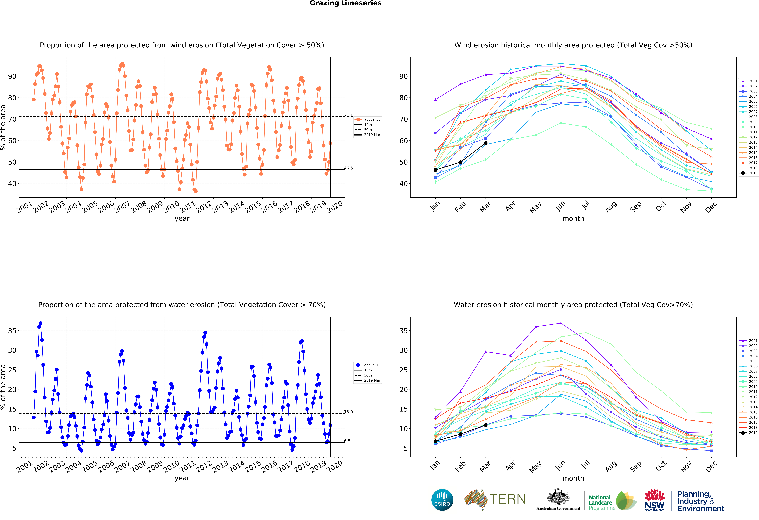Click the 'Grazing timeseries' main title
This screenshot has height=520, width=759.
point(346,3)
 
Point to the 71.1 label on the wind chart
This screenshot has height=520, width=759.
point(348,115)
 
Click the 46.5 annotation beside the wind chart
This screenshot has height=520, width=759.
point(348,168)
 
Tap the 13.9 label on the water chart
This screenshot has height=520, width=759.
point(348,412)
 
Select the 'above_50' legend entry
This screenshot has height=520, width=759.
point(368,119)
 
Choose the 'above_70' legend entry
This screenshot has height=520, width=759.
point(368,365)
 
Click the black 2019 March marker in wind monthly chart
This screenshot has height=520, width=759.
point(486,143)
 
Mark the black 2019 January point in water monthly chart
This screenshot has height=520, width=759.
point(435,441)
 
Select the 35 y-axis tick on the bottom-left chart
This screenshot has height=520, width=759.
point(12,331)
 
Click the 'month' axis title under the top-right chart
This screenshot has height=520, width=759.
point(573,219)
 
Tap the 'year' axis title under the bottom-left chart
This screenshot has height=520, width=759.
point(182,478)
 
